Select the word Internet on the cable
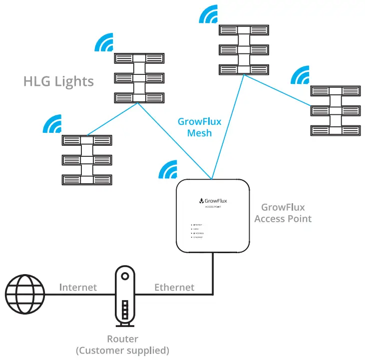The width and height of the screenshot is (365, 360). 78,287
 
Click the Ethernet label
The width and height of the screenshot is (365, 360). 174,287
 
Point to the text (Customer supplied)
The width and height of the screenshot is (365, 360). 122,350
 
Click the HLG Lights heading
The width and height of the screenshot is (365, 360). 58,81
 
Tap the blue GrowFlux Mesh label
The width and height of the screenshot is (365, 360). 200,127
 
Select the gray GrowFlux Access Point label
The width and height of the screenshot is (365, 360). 283,213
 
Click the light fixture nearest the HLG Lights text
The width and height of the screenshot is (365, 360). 137,78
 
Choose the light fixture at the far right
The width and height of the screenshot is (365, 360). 333,110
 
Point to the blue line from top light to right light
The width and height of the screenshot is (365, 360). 278,90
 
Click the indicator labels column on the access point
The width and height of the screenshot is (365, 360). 197,231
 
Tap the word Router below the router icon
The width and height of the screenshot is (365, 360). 122,339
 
